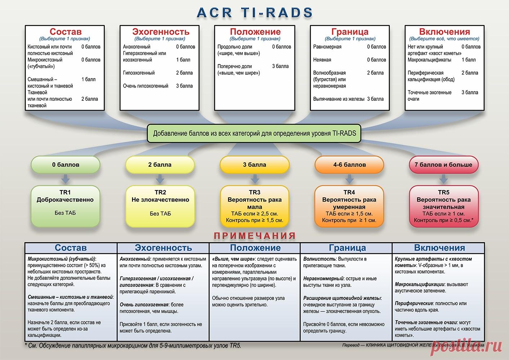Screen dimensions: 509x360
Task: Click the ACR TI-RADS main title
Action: click(255, 12)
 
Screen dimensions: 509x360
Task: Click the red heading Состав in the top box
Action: click(66, 31)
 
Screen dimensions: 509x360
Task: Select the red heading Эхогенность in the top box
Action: click(161, 31)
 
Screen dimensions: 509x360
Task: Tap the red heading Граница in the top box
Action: click(350, 31)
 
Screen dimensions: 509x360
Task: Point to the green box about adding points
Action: click(254, 134)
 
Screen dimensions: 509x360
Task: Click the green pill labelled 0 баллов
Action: click(66, 165)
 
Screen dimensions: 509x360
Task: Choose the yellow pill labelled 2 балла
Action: click(160, 165)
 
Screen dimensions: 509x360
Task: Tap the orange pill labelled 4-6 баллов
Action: click(349, 165)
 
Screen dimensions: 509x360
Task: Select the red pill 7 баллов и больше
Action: click(443, 165)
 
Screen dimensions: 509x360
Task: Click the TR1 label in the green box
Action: click(65, 192)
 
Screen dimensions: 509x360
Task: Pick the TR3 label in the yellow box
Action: click(254, 192)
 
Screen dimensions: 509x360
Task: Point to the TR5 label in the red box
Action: click(443, 192)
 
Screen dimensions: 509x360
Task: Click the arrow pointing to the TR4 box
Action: click(350, 179)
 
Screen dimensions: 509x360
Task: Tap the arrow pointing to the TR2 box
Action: click(160, 179)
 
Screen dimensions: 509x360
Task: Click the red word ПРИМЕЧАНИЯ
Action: click(255, 236)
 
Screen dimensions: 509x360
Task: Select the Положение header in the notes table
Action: click(255, 248)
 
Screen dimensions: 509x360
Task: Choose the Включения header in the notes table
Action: click(440, 248)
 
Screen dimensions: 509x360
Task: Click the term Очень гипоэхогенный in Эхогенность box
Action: click(146, 86)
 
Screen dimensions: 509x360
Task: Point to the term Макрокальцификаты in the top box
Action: click(429, 60)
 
